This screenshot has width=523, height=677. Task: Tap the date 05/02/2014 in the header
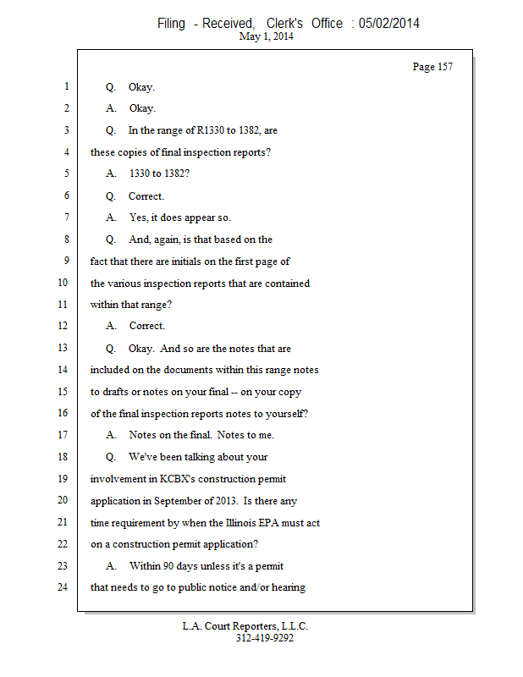pyautogui.click(x=389, y=24)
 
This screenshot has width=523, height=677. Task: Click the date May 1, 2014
pyautogui.click(x=267, y=37)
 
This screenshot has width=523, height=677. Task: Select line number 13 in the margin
pyautogui.click(x=64, y=348)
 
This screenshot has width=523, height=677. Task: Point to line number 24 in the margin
pyautogui.click(x=64, y=586)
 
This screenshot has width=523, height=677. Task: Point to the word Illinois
pyautogui.click(x=267, y=522)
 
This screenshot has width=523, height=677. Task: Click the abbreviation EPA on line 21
pyautogui.click(x=299, y=522)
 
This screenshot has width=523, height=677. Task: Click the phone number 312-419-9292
pyautogui.click(x=265, y=639)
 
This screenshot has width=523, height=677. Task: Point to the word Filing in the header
pyautogui.click(x=171, y=24)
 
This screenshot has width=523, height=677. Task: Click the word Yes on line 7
pyautogui.click(x=137, y=217)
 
